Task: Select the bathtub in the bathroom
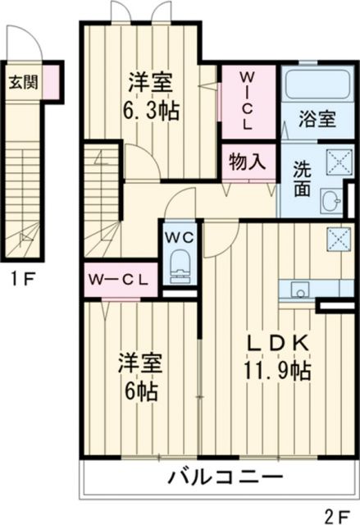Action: click(x=315, y=84)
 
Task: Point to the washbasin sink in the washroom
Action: click(x=332, y=199)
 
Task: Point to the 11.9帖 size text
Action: click(x=278, y=372)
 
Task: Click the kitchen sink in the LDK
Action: click(x=298, y=290)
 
